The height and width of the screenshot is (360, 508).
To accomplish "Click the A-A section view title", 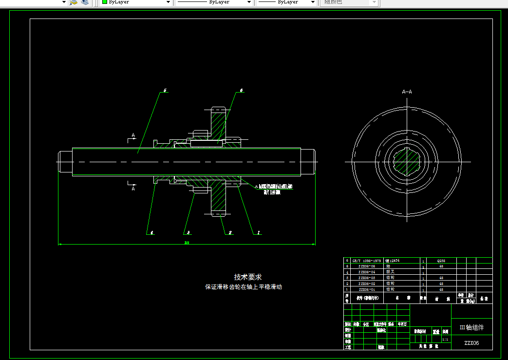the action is [407, 92].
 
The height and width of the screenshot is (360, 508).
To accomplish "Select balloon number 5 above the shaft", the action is [165, 91].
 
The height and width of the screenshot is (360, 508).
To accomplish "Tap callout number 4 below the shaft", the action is [151, 233].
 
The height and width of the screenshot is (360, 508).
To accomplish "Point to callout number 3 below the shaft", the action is [187, 233].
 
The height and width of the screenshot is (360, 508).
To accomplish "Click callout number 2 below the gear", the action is [230, 233].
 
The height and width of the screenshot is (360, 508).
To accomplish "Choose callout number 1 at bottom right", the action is [258, 233].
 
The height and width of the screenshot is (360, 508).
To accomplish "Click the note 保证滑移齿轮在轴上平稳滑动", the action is [243, 287].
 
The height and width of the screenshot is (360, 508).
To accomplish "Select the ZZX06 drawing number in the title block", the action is [471, 343].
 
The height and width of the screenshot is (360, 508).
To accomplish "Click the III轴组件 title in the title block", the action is [471, 327].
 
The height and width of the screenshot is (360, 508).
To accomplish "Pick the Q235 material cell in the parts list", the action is [441, 261].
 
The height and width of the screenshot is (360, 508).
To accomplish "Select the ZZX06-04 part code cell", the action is [367, 272].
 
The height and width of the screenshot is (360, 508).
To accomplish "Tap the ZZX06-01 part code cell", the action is [367, 289].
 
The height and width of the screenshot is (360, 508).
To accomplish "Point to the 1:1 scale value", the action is [445, 339].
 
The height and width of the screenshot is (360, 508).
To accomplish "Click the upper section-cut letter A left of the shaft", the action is [132, 135].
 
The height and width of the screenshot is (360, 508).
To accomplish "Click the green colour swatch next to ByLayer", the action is [104, 2].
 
